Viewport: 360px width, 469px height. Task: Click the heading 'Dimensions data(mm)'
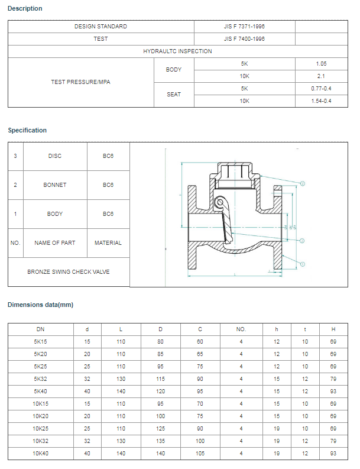pyautogui.click(x=40, y=305)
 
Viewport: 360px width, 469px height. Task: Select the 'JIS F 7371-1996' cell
pyautogui.click(x=244, y=27)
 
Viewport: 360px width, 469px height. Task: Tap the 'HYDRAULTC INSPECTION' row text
pyautogui.click(x=177, y=51)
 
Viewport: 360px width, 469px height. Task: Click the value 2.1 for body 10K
pyautogui.click(x=321, y=76)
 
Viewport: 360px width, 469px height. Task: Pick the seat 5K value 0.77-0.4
pyautogui.click(x=321, y=89)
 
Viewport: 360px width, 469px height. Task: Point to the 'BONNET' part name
pyautogui.click(x=55, y=185)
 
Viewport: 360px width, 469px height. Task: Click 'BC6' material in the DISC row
pyautogui.click(x=108, y=156)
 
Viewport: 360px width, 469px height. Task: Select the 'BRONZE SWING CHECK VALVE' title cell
pyautogui.click(x=69, y=272)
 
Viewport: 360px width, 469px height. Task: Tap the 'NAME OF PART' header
pyautogui.click(x=55, y=243)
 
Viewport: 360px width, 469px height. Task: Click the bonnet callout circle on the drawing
pyautogui.click(x=302, y=184)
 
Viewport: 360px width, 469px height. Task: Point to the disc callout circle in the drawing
pyautogui.click(x=302, y=241)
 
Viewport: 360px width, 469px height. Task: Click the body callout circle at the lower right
pyautogui.click(x=302, y=264)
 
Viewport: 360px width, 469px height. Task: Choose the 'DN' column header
pyautogui.click(x=40, y=329)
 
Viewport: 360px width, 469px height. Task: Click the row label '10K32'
pyautogui.click(x=40, y=441)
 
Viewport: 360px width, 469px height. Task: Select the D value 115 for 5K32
pyautogui.click(x=161, y=379)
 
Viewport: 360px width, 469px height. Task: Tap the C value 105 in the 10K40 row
pyautogui.click(x=200, y=453)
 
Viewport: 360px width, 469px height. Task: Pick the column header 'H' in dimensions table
pyautogui.click(x=333, y=329)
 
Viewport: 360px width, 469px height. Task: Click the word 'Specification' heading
pyautogui.click(x=27, y=130)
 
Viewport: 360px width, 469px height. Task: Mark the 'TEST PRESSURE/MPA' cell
pyautogui.click(x=80, y=82)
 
